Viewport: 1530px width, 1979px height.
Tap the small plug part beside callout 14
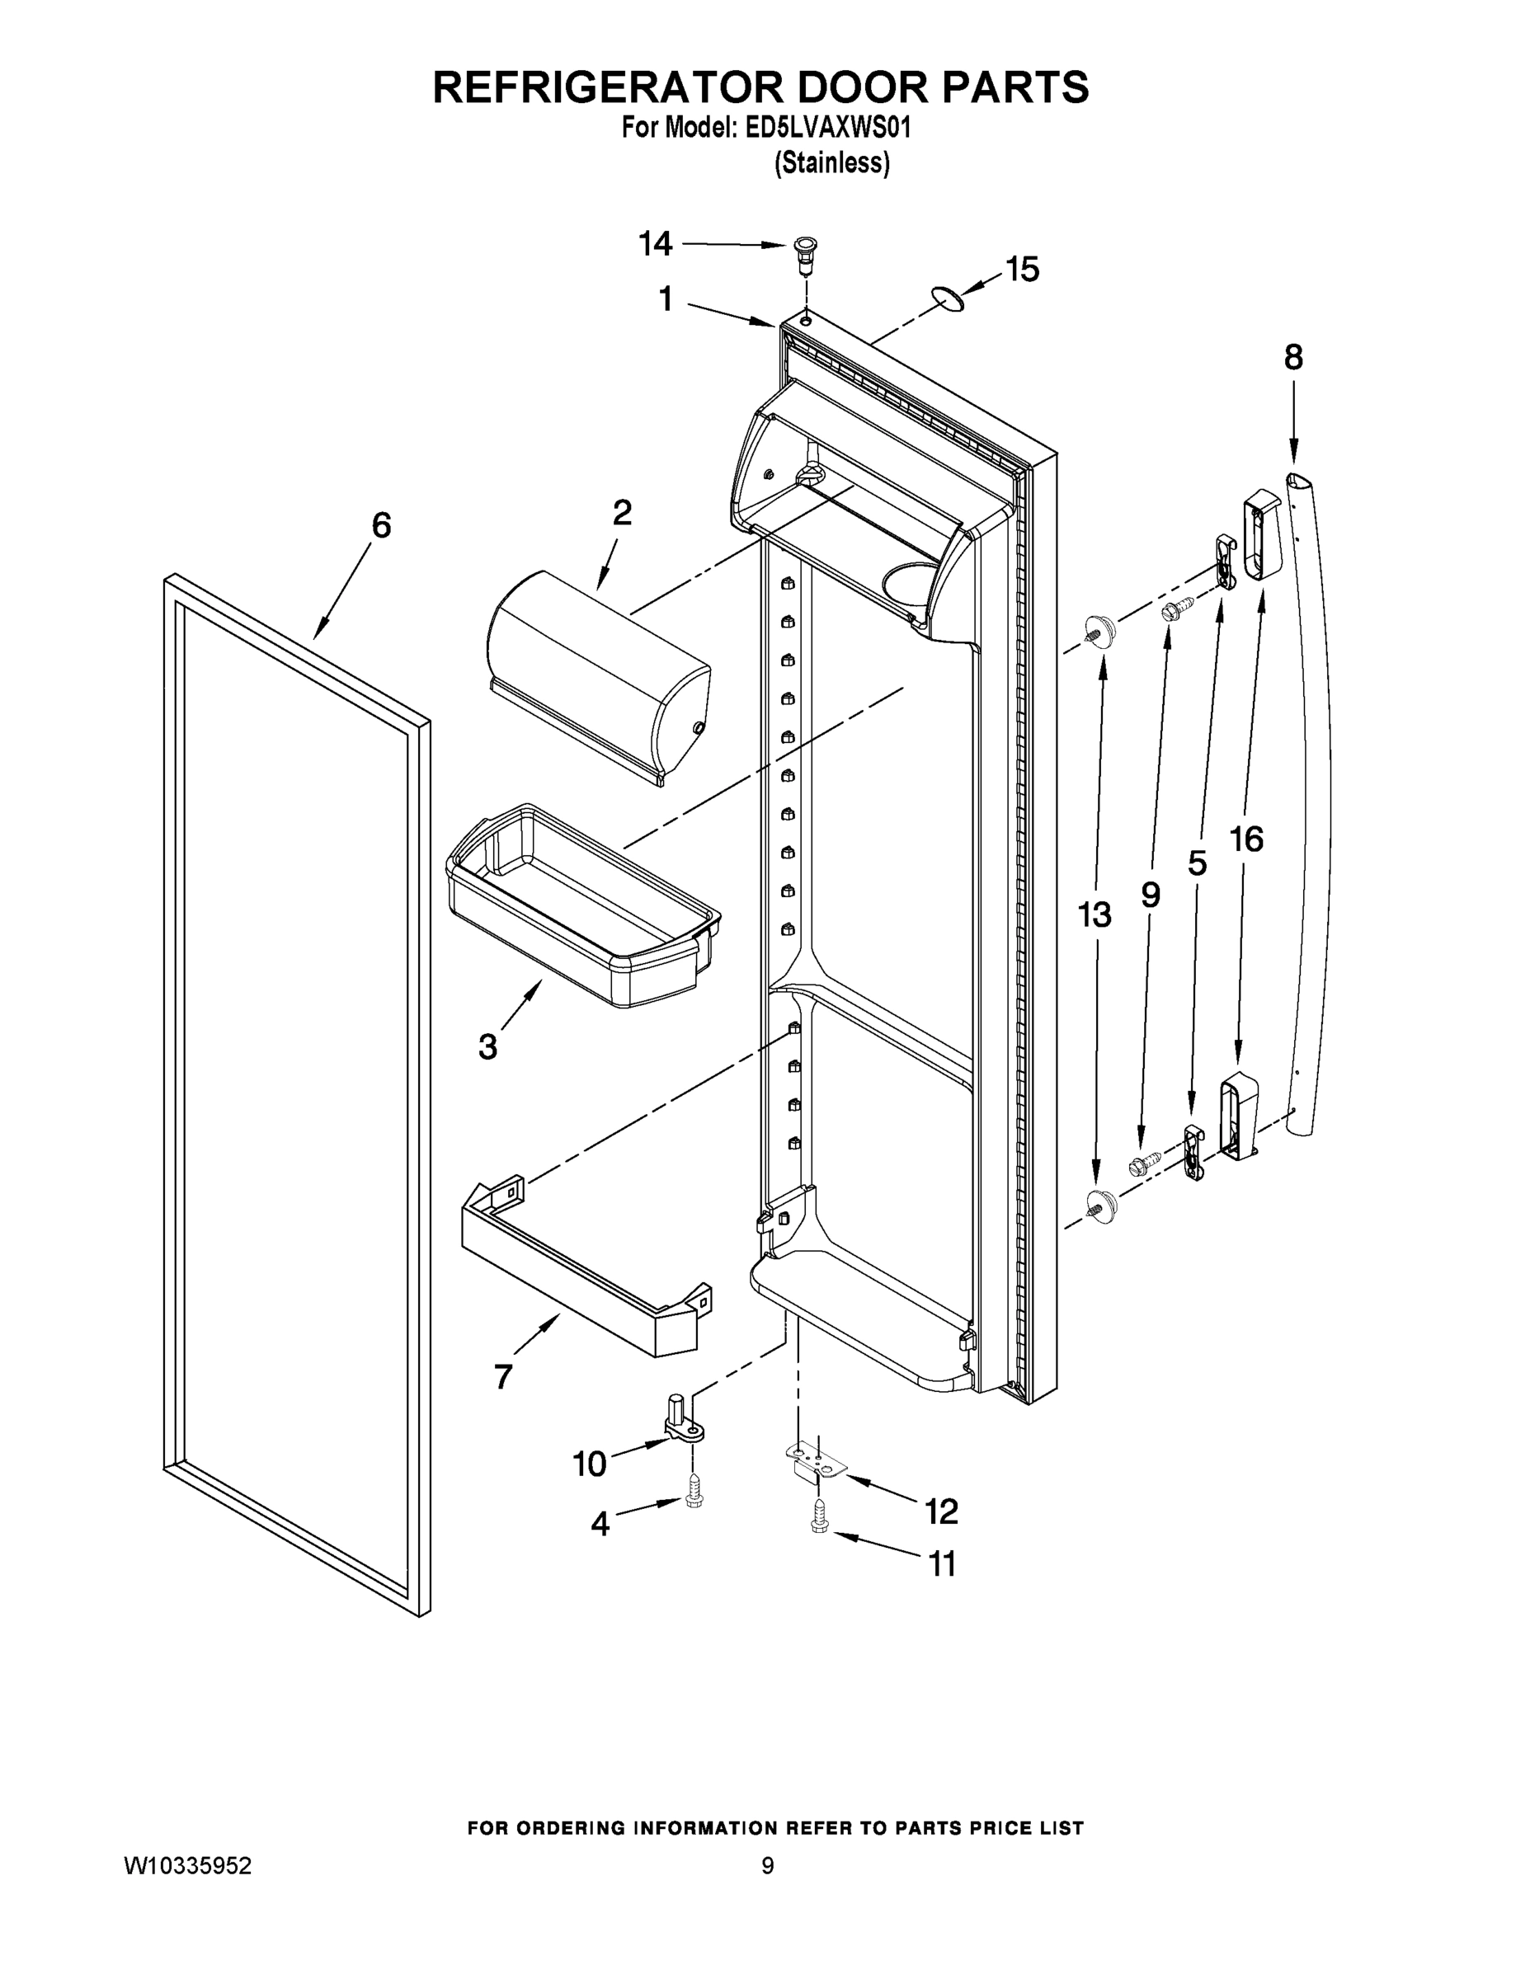pyautogui.click(x=803, y=251)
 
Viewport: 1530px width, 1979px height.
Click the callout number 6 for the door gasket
pyautogui.click(x=382, y=524)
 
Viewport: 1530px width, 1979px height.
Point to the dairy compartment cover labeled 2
pyautogui.click(x=597, y=676)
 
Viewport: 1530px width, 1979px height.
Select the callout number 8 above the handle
pyautogui.click(x=1293, y=357)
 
